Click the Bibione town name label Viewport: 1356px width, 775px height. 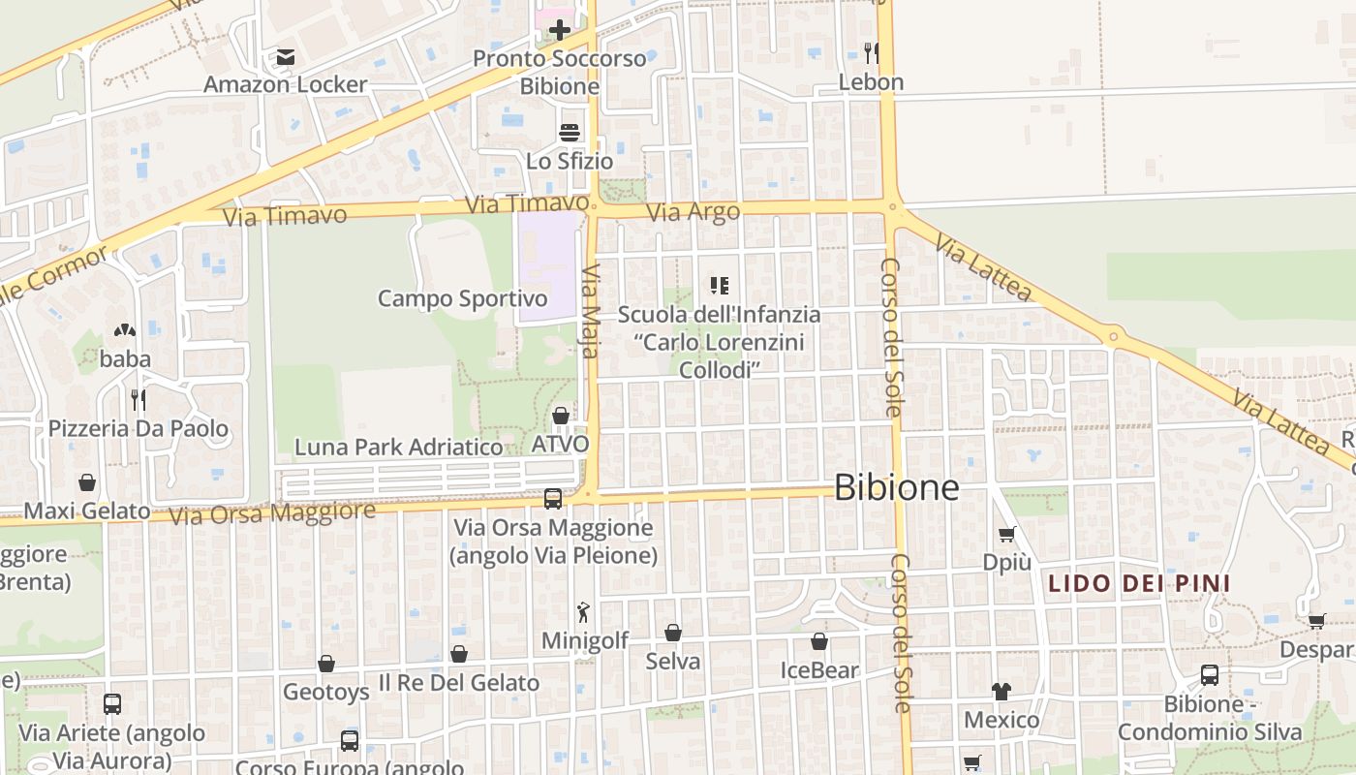pyautogui.click(x=896, y=487)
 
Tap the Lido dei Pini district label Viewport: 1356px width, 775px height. pyautogui.click(x=1139, y=583)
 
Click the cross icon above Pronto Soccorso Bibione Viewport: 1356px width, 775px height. pyautogui.click(x=560, y=30)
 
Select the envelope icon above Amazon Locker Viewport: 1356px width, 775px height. pyautogui.click(x=285, y=57)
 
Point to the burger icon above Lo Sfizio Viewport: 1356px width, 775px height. pyautogui.click(x=570, y=132)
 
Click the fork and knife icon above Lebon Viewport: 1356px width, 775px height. pyautogui.click(x=871, y=52)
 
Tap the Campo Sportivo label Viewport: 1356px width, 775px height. pyautogui.click(x=462, y=298)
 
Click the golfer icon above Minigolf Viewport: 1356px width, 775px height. pyautogui.click(x=583, y=612)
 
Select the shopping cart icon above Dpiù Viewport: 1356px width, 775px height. pyautogui.click(x=1006, y=534)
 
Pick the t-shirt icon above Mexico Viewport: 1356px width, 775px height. pyautogui.click(x=1001, y=692)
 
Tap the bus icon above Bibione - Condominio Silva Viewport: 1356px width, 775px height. pyautogui.click(x=1209, y=675)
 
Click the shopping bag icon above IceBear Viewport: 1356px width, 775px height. pyautogui.click(x=819, y=641)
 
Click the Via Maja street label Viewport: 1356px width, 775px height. pyautogui.click(x=590, y=310)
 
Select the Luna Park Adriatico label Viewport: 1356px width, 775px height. pyautogui.click(x=398, y=447)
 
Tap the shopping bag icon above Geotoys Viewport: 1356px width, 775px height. pyautogui.click(x=326, y=664)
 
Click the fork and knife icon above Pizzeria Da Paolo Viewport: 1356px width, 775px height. pyautogui.click(x=138, y=399)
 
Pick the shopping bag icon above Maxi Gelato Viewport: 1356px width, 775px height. pyautogui.click(x=87, y=482)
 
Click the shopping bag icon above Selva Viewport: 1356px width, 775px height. pyautogui.click(x=672, y=633)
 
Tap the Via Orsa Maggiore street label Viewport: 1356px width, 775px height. pyautogui.click(x=271, y=512)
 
